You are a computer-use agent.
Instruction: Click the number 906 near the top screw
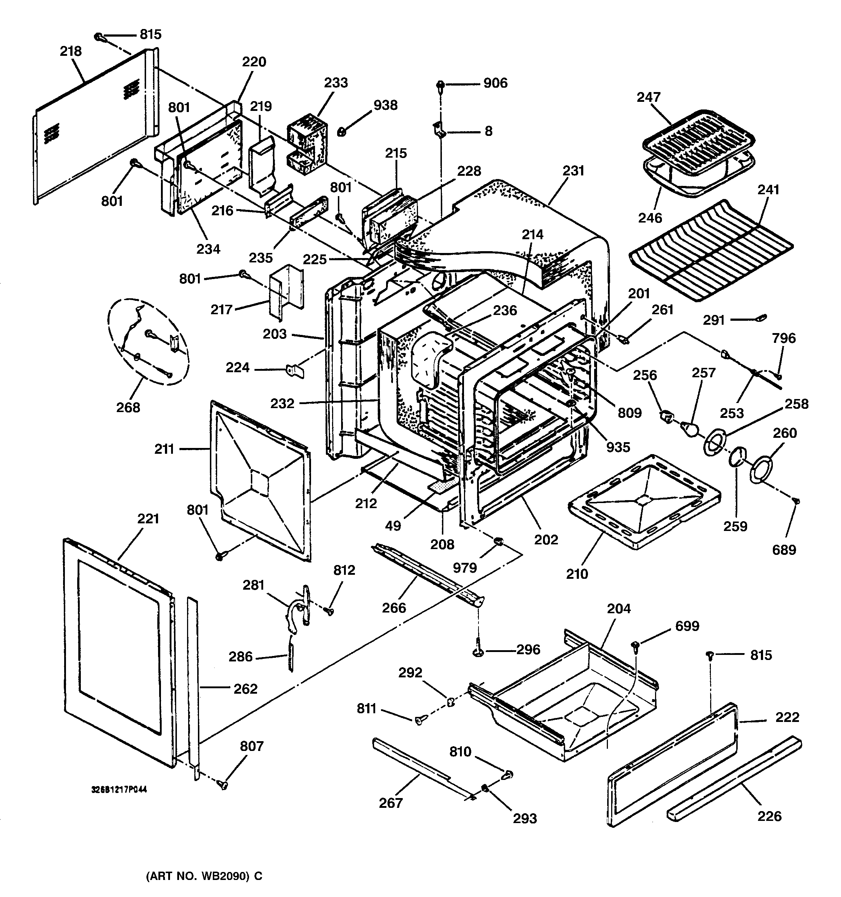[x=495, y=83]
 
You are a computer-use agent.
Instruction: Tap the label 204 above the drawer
[x=618, y=609]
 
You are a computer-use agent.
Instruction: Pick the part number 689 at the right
[x=784, y=549]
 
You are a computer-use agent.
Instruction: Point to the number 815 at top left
[x=150, y=35]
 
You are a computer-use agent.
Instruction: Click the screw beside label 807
[x=223, y=785]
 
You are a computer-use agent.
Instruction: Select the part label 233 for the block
[x=336, y=83]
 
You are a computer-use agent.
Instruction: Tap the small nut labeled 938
[x=342, y=132]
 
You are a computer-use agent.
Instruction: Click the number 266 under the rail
[x=394, y=608]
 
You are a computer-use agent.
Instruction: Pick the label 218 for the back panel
[x=71, y=51]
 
